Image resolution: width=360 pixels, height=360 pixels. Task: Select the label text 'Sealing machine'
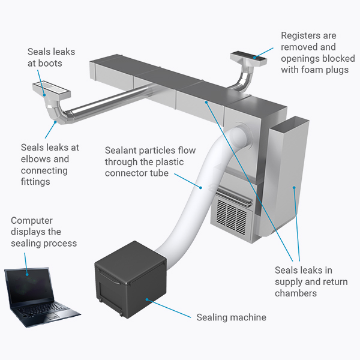tap(231, 316)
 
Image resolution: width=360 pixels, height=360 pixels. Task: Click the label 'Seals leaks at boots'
tap(52, 57)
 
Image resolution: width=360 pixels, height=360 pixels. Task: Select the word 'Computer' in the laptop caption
tap(31, 221)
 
